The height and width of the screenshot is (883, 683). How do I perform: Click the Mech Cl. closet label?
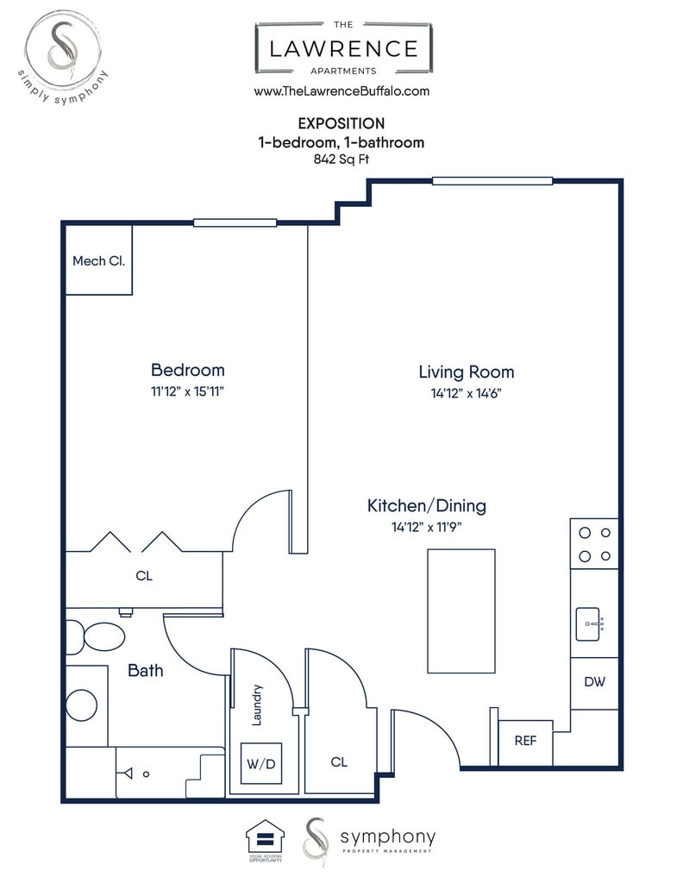tap(98, 260)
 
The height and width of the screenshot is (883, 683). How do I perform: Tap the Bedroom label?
tap(188, 370)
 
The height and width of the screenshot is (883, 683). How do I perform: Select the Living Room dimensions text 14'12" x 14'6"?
tap(467, 393)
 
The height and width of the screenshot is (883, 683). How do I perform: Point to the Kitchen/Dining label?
tap(427, 505)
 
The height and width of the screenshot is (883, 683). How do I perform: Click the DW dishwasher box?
tap(594, 683)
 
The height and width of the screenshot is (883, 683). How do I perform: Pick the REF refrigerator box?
tap(525, 742)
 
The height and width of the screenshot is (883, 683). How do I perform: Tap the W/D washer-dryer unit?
tap(261, 764)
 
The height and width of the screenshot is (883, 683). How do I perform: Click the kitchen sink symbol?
tap(588, 624)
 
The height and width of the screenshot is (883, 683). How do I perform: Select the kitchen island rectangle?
tap(461, 611)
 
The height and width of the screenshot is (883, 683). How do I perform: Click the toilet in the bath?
tap(96, 637)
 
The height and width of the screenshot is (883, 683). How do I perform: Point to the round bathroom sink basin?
tap(82, 705)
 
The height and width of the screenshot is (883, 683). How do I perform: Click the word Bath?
tap(145, 670)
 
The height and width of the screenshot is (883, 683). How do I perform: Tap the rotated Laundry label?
tap(257, 705)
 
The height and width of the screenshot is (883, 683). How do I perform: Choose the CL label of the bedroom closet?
tap(144, 575)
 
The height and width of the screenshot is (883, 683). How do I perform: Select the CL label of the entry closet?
tap(339, 762)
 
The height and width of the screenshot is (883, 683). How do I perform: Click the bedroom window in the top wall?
tap(235, 223)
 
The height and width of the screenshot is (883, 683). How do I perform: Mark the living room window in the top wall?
tap(492, 181)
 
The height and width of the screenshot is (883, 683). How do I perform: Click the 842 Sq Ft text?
tap(341, 160)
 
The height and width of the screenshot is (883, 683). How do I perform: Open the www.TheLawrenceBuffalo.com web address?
tap(341, 91)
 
